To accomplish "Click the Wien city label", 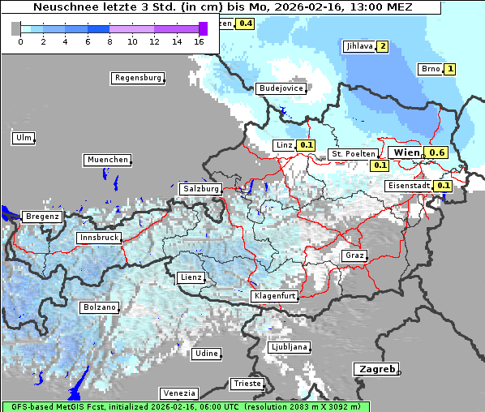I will [406, 152].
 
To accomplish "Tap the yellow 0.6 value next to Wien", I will [436, 152].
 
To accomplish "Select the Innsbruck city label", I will [99, 238].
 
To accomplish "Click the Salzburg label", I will [201, 188].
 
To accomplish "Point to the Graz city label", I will [354, 255].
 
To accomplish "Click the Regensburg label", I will [137, 78].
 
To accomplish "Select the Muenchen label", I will [107, 160].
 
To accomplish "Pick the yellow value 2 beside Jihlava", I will [382, 46].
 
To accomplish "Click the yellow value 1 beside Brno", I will [450, 69].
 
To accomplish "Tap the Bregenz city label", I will [42, 217].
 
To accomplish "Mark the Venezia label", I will [178, 393].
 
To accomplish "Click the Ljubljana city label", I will [290, 346].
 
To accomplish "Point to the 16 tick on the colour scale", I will [200, 41].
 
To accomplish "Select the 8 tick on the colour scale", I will [109, 41].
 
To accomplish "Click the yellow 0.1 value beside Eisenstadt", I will [443, 185].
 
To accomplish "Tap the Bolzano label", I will [100, 307].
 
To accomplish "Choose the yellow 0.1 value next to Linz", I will [305, 145].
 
